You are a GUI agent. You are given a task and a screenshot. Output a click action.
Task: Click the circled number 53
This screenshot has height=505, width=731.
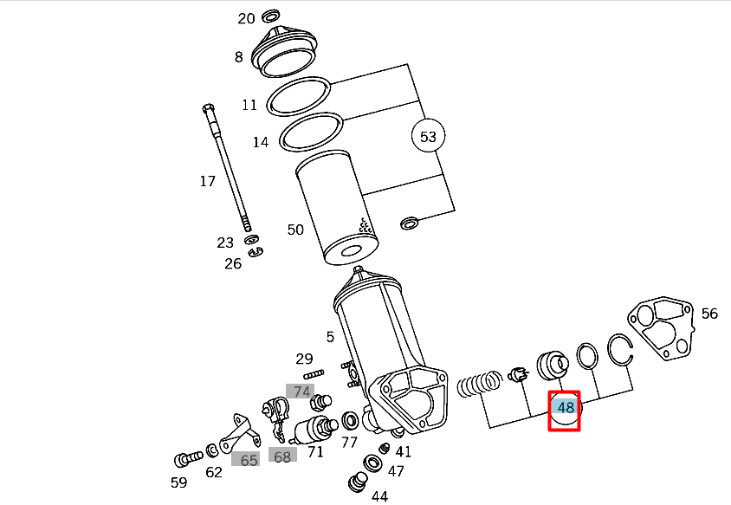point(428,137)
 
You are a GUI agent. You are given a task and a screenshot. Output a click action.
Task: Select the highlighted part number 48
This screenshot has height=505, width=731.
point(566,408)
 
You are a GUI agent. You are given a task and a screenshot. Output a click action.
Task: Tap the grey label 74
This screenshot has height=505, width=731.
point(301,392)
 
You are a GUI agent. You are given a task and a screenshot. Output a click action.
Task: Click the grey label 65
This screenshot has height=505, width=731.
point(249,460)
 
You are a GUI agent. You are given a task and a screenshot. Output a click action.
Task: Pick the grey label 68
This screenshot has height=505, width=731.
point(281,456)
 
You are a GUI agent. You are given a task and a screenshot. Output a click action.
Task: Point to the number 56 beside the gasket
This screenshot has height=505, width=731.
point(709,314)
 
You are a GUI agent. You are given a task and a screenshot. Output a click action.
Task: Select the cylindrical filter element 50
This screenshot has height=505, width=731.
point(335,209)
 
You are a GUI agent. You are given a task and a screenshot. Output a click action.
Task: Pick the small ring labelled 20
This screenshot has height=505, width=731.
point(270,16)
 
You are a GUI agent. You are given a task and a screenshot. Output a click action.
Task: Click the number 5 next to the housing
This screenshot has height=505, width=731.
point(329,337)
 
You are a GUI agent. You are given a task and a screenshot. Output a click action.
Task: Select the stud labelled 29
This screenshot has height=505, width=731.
point(314,374)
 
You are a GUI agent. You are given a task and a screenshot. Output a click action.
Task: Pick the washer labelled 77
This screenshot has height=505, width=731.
point(351,422)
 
